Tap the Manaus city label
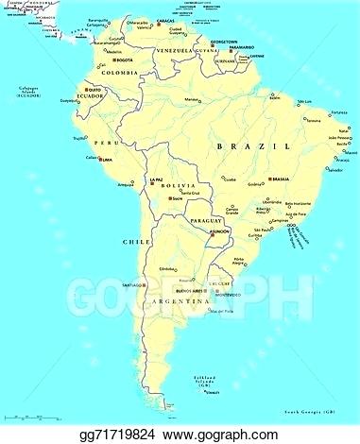click(x=193, y=99)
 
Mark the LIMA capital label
click(x=106, y=160)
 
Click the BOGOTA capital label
click(x=125, y=60)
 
